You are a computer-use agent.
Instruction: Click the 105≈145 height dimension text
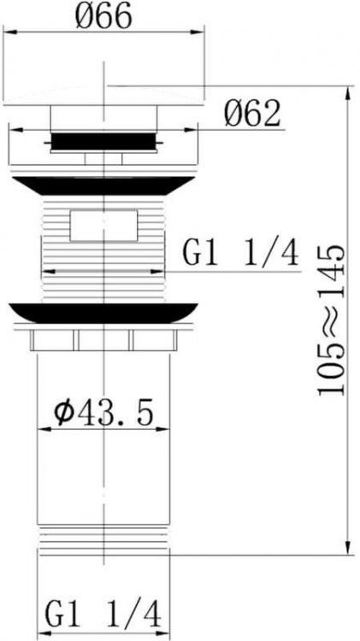(x=332, y=320)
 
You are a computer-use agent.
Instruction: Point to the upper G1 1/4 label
(x=241, y=254)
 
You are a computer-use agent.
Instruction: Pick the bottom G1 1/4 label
(x=103, y=613)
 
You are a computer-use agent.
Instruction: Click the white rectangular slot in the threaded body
(x=103, y=226)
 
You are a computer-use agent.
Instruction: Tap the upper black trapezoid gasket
(x=103, y=186)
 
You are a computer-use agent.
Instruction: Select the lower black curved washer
(x=103, y=313)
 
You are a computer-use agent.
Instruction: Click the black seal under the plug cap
(x=104, y=141)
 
